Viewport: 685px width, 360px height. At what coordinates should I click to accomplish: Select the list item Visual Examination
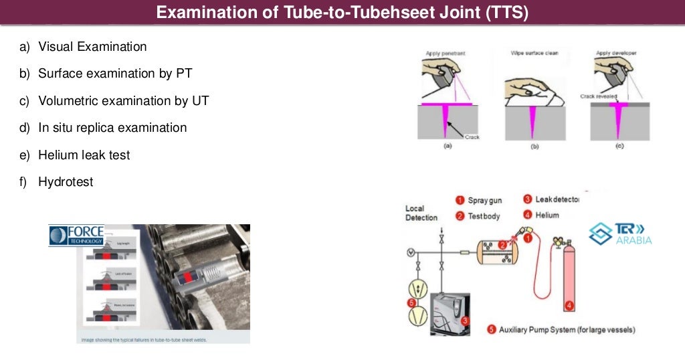pos(92,47)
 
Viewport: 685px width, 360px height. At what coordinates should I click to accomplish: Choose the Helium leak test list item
pos(84,155)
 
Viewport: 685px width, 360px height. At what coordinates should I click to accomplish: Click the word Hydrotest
pos(66,181)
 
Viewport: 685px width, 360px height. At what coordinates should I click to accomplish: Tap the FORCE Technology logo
pos(76,236)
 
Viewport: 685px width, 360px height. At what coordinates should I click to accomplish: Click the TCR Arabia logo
pos(619,233)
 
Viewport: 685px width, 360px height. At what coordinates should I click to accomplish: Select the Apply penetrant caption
pos(445,52)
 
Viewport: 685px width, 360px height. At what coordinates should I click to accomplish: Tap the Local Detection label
pos(421,213)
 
